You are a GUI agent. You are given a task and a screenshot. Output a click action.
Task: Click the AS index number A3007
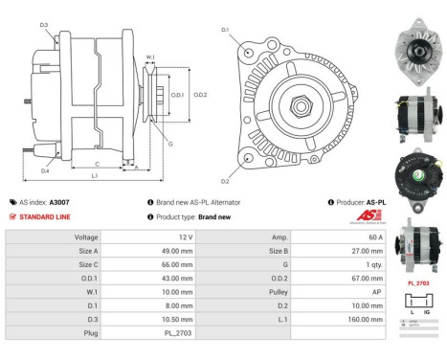tap(59, 203)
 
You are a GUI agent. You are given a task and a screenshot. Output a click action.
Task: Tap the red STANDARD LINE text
tap(45, 217)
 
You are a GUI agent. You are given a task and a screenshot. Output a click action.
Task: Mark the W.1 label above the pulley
tap(150, 57)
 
